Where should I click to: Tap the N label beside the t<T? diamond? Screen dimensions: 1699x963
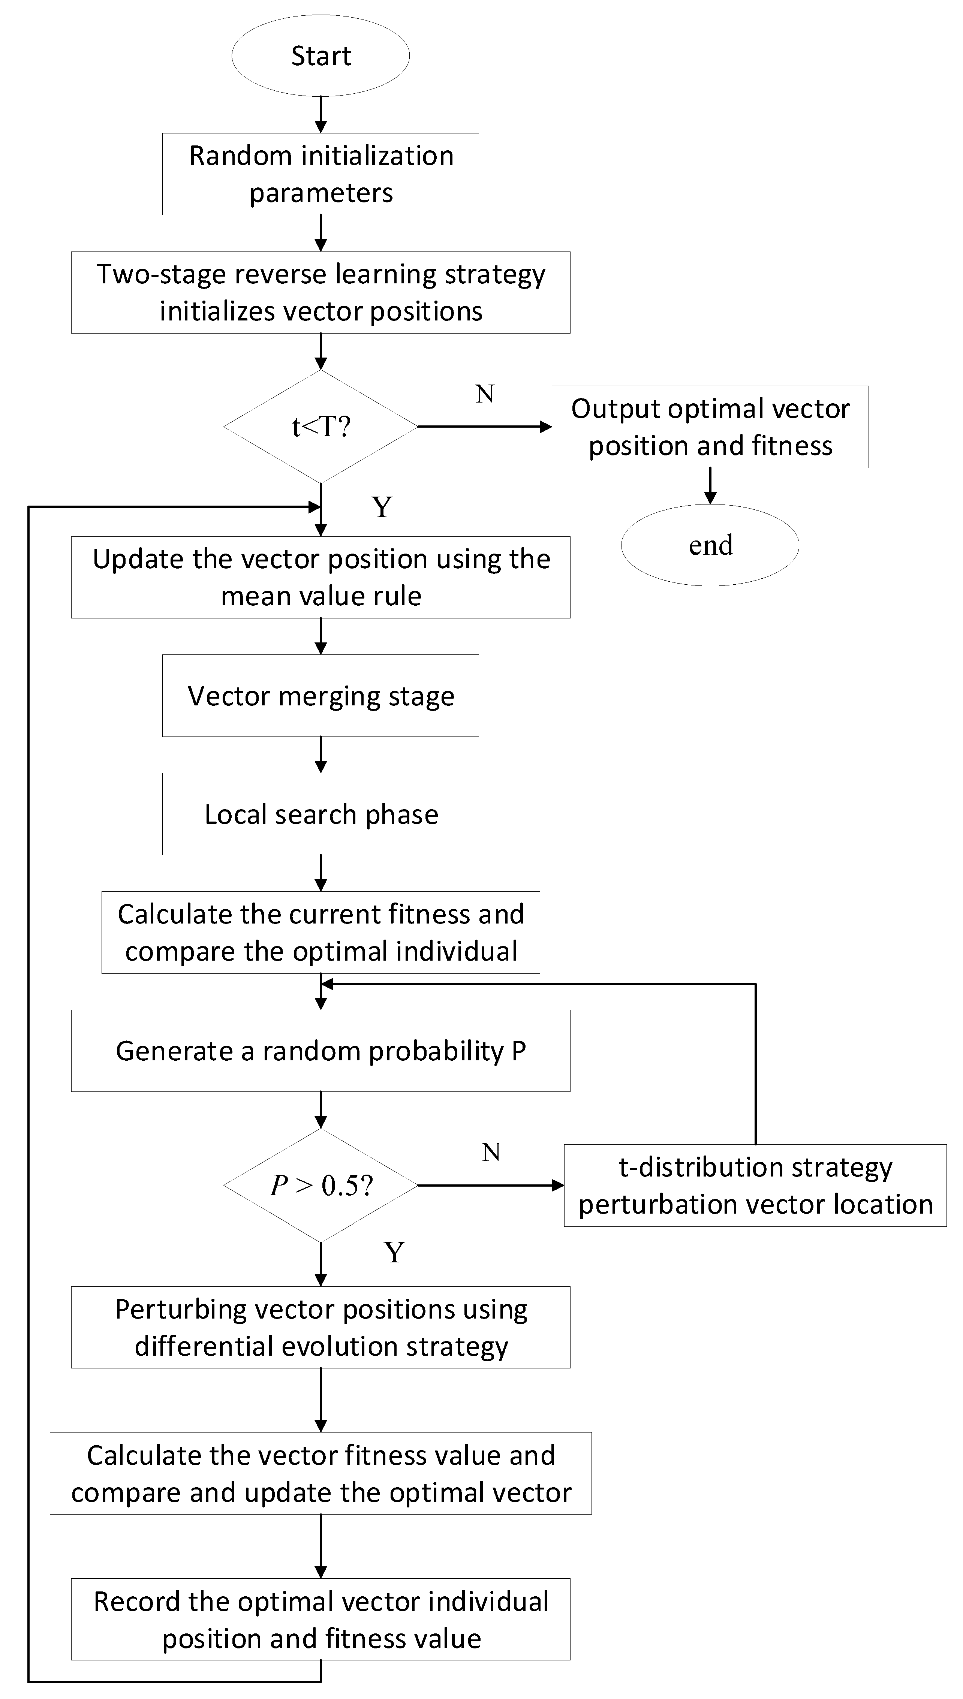(485, 394)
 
